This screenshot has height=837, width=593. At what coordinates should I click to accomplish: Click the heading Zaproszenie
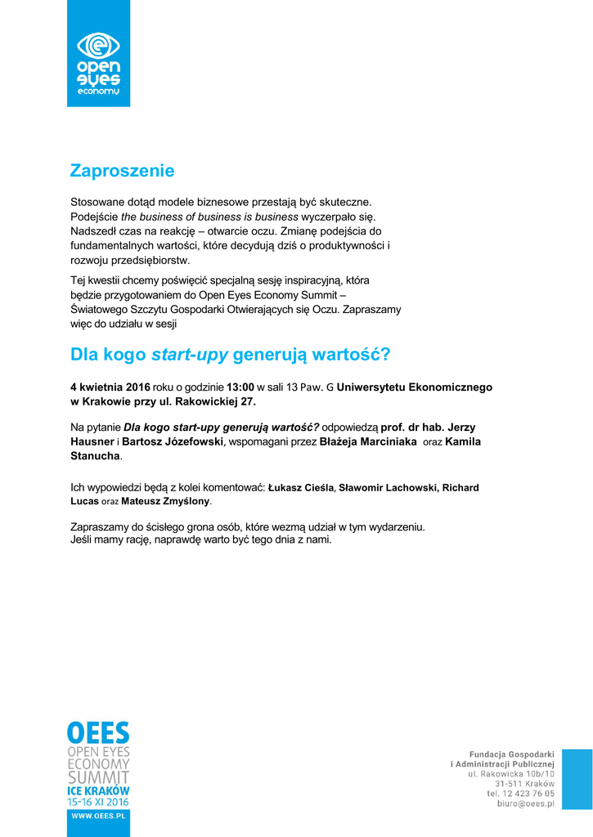point(122,171)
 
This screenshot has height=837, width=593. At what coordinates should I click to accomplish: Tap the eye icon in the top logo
point(98,45)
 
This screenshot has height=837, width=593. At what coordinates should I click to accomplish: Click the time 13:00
point(240,387)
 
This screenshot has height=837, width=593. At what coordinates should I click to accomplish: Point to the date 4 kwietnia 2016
point(110,387)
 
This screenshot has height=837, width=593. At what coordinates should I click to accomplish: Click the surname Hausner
point(92,441)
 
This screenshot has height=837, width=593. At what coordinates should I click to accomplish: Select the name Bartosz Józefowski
point(172,441)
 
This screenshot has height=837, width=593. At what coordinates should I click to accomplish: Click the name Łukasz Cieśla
point(301,488)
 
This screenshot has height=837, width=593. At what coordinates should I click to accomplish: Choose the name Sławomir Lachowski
point(388,488)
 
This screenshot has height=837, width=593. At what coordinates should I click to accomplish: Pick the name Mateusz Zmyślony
point(166,500)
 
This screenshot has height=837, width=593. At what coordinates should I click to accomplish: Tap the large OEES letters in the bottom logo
point(98,732)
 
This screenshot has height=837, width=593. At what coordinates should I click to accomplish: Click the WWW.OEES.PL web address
point(98,815)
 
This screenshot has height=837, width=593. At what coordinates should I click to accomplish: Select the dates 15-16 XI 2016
point(98,802)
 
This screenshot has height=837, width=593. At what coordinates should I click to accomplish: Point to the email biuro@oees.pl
point(526,804)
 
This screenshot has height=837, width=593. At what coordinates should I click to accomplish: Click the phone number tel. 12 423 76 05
point(521,794)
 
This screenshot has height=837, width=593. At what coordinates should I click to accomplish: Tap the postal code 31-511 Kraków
point(524,783)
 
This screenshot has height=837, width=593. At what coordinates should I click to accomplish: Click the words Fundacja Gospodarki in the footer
point(512,754)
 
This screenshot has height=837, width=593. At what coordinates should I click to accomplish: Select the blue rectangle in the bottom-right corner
point(577,780)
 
